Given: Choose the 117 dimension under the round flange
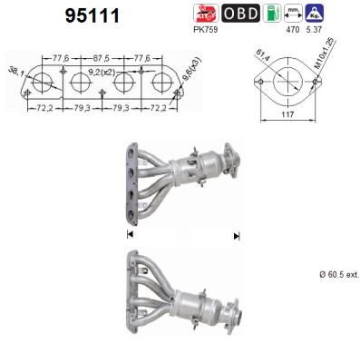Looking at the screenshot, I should (287, 127).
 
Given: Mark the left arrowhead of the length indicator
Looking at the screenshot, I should (129, 236).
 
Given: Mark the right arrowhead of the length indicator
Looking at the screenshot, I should (237, 236).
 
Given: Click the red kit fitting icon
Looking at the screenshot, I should (208, 12).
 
